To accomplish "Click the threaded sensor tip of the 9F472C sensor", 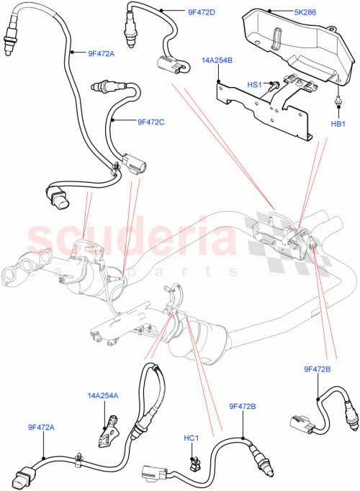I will [99, 88].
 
